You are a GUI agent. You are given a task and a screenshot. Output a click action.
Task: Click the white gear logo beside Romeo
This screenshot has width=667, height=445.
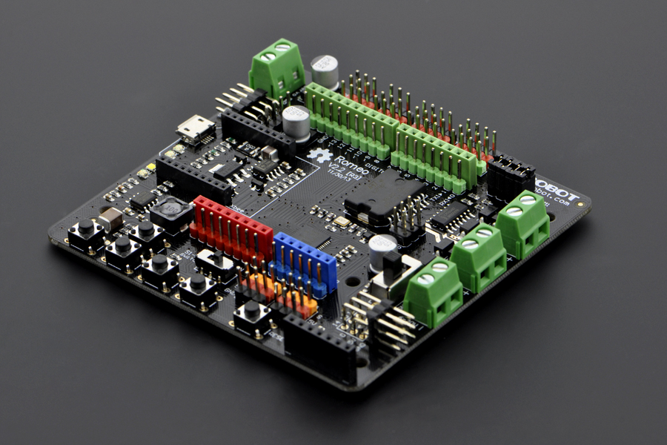coord(319,156)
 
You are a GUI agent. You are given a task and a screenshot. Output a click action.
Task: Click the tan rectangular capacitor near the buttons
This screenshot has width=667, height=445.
coord(110,218)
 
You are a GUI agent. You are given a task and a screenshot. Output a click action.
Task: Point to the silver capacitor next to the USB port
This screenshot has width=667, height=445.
coord(296,122)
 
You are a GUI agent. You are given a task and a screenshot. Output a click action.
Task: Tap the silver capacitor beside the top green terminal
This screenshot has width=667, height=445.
coord(325,71)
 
